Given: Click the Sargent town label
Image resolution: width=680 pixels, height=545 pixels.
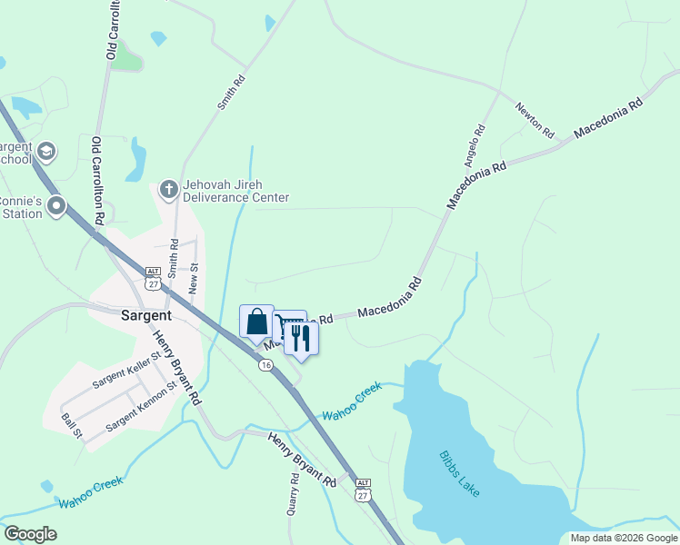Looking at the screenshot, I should (146, 315).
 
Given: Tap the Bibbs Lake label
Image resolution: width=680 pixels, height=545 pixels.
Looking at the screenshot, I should (458, 473).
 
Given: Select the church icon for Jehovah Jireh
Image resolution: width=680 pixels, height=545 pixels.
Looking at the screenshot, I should (168, 190).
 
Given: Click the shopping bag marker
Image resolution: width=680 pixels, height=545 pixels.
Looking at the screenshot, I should (256, 322).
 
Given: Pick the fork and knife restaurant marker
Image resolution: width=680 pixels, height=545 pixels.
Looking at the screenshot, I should (301, 338).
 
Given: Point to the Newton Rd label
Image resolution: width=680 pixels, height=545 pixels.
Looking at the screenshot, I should (535, 120).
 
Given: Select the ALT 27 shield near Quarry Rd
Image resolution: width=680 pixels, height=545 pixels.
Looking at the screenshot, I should (364, 490).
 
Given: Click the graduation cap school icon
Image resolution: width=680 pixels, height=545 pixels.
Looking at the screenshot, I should (46, 151).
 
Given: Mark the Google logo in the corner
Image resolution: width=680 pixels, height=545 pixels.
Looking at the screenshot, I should (30, 534).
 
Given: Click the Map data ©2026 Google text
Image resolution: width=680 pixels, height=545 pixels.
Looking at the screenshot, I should (623, 538).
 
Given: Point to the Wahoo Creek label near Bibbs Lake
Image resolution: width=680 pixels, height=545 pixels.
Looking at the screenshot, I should (352, 401).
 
